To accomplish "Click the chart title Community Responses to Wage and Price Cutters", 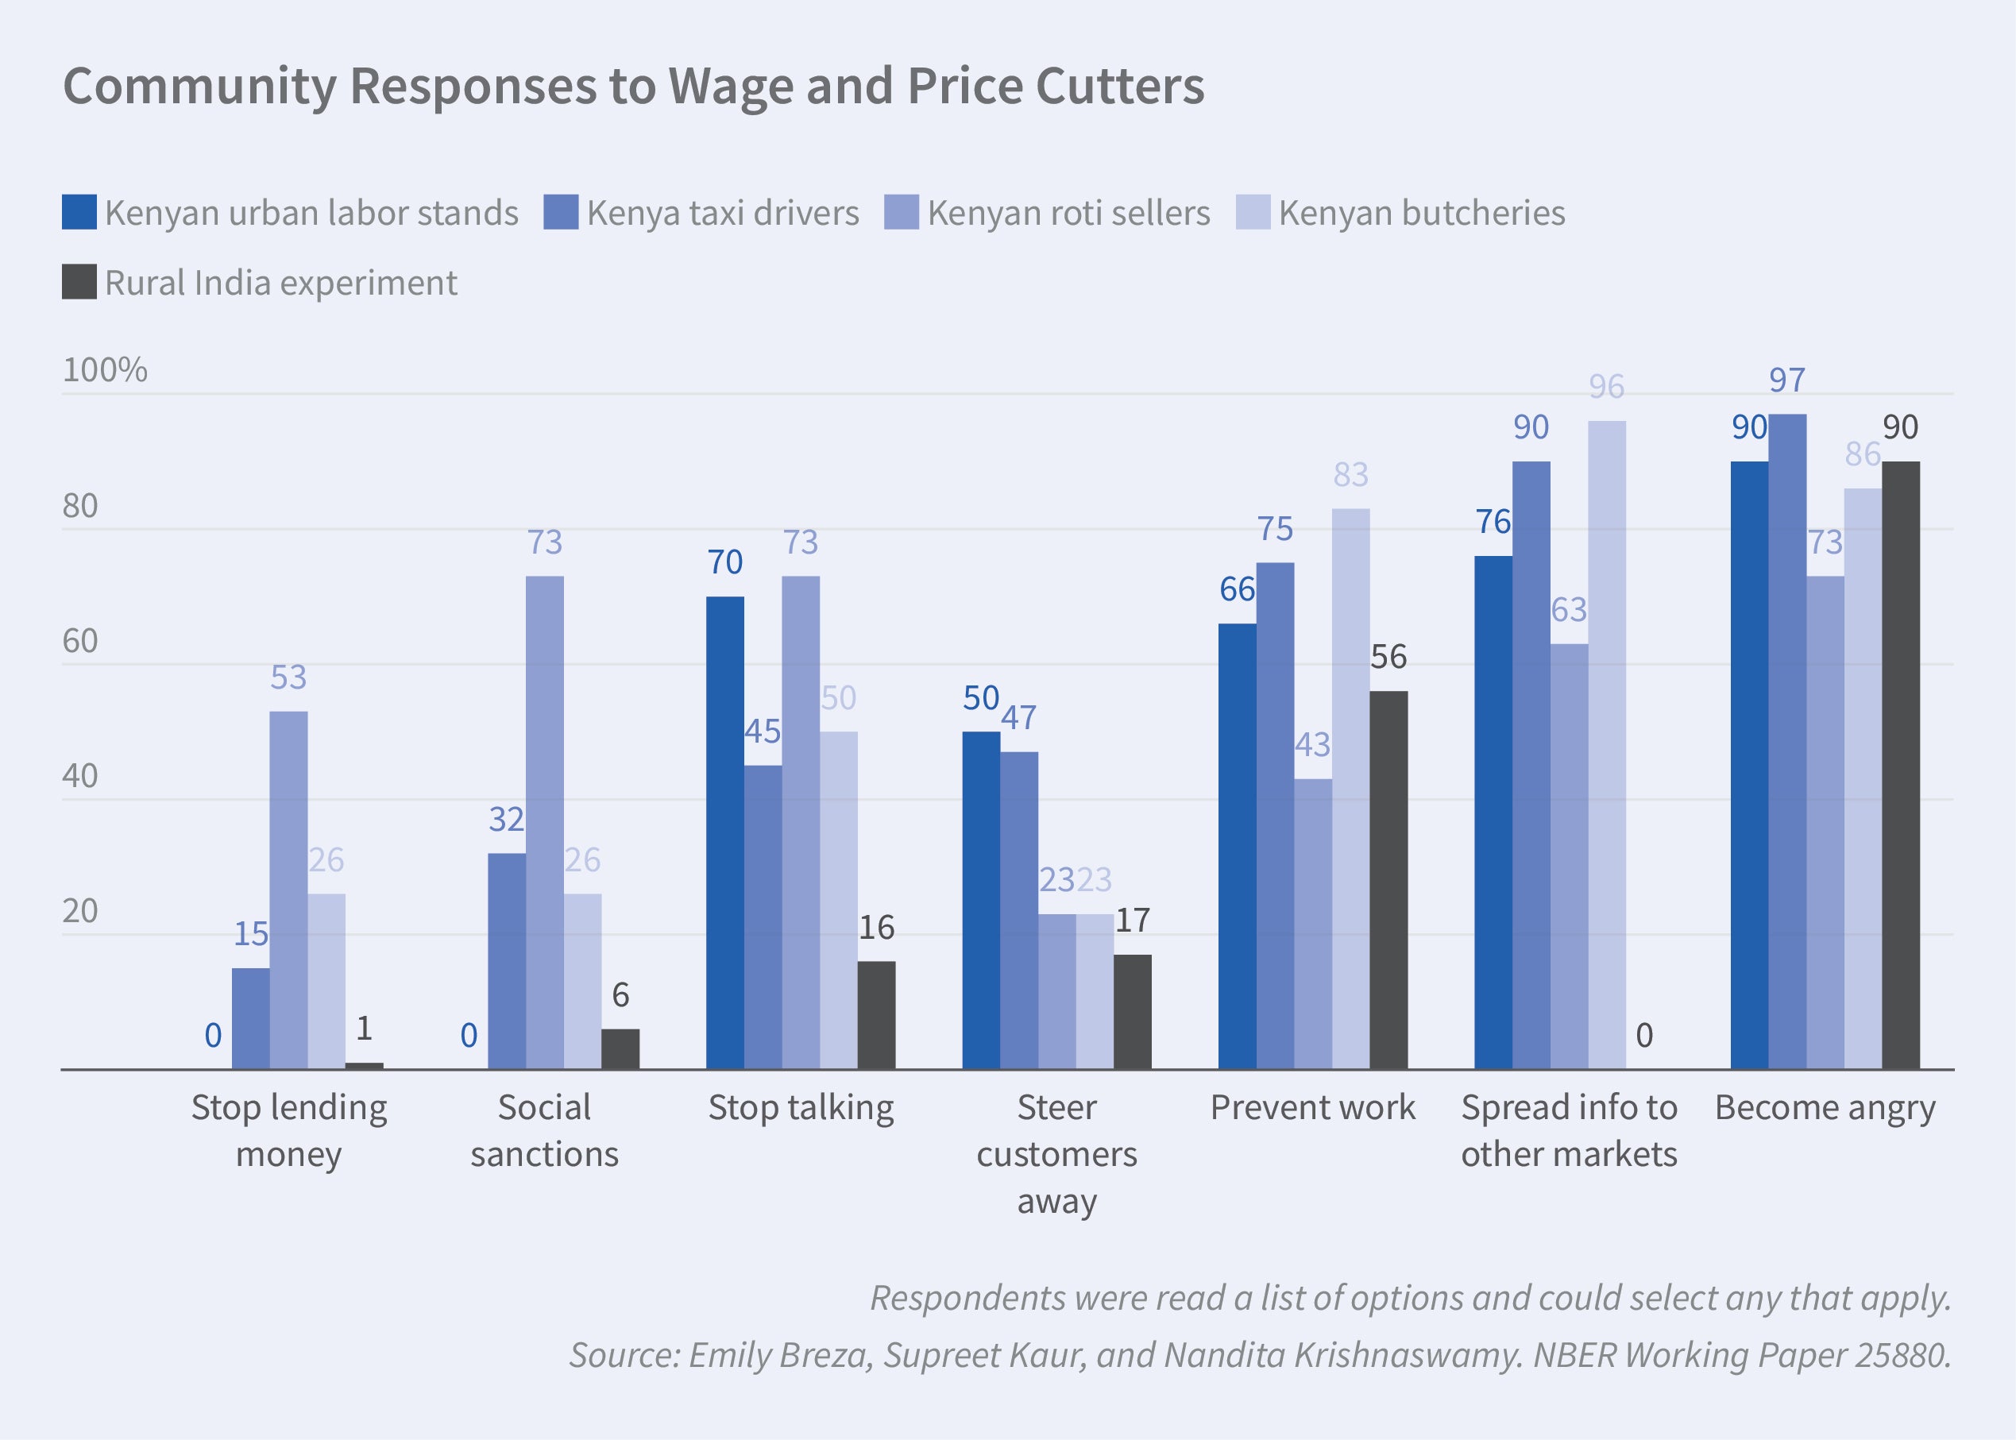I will [x=633, y=87].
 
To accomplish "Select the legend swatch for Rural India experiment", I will [x=79, y=283].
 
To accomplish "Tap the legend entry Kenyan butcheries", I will [x=1421, y=214].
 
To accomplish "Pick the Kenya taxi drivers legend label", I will [x=723, y=214].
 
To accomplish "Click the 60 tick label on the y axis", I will [x=79, y=641].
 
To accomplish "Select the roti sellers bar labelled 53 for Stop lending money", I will [x=289, y=890].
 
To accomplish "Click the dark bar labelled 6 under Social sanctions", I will [x=620, y=1049].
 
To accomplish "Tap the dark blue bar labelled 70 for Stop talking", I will [x=725, y=832].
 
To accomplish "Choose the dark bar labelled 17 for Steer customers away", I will [x=1132, y=1012].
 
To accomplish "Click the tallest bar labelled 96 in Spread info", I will [x=1606, y=745].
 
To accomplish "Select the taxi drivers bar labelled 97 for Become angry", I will [x=1787, y=741].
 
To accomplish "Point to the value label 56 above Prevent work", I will [x=1388, y=657].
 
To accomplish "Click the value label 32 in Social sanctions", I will [x=506, y=820].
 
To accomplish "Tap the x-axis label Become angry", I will [x=1825, y=1108].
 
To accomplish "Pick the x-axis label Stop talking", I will [x=801, y=1108].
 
